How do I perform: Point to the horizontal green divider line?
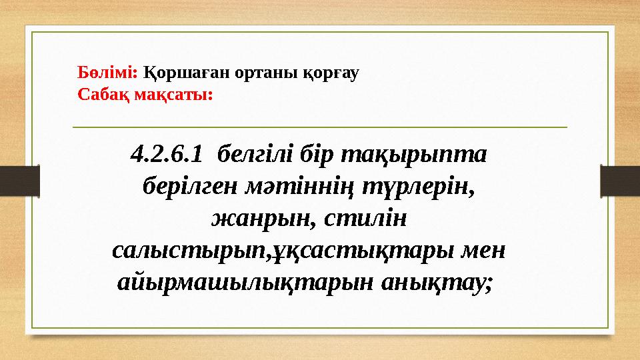[319, 126]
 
